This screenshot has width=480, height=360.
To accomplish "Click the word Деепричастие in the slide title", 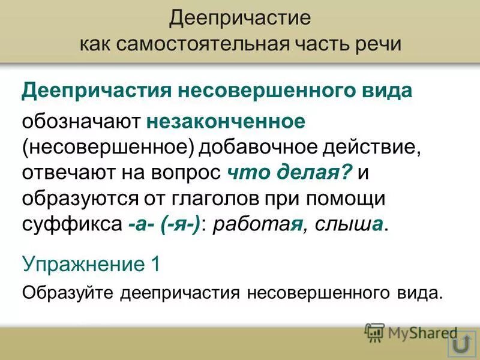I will coord(240,18).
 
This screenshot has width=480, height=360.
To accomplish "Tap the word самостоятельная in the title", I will coord(200,44).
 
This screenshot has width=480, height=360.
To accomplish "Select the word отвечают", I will coord(65,173).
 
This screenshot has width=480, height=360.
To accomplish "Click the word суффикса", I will coord(71,224).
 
